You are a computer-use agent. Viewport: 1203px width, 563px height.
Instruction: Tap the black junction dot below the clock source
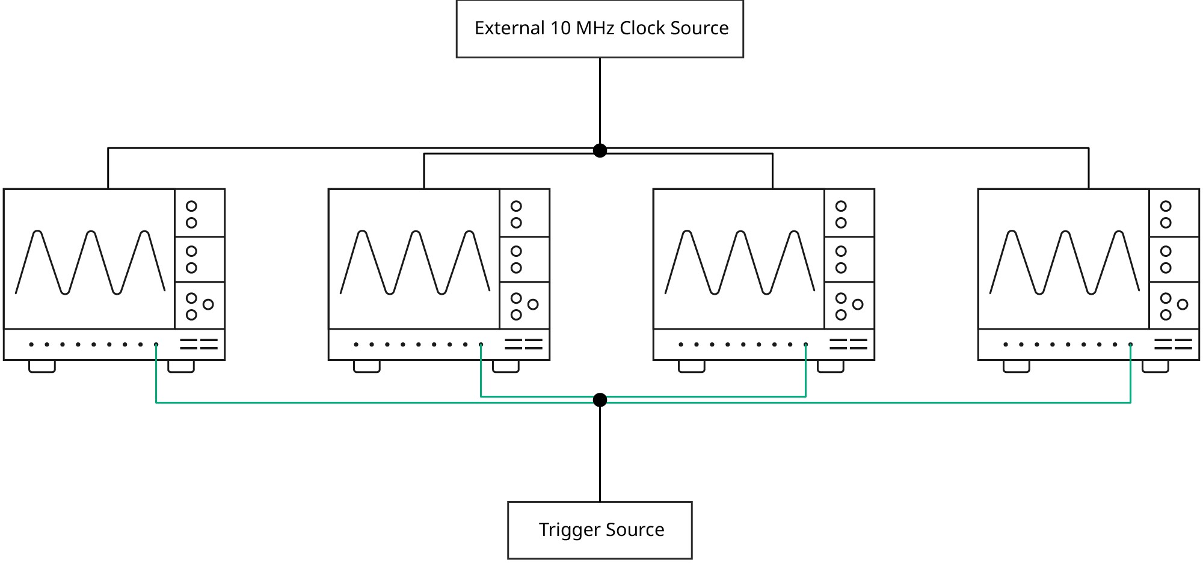600,150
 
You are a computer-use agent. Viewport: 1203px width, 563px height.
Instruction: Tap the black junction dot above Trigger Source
600,400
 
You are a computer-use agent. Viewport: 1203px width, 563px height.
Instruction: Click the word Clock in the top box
644,28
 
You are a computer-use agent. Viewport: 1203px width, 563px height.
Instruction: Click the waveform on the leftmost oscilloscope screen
90,263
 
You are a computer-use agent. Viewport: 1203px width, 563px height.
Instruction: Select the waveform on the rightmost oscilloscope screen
1065,263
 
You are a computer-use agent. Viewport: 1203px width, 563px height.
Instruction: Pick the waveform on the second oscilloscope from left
415,263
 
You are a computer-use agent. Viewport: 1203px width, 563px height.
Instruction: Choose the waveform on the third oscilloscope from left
740,263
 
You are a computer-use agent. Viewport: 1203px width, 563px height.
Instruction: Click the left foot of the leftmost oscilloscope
42,366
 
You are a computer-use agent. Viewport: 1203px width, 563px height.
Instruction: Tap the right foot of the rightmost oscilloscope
1155,366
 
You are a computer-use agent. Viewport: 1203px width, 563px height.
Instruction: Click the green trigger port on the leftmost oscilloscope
156,345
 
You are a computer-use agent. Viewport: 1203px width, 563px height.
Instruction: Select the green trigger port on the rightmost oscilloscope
1130,345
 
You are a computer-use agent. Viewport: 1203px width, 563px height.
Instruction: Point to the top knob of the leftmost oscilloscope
191,206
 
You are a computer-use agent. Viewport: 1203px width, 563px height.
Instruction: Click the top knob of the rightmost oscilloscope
1166,206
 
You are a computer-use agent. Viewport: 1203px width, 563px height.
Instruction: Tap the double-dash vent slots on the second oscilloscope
523,344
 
